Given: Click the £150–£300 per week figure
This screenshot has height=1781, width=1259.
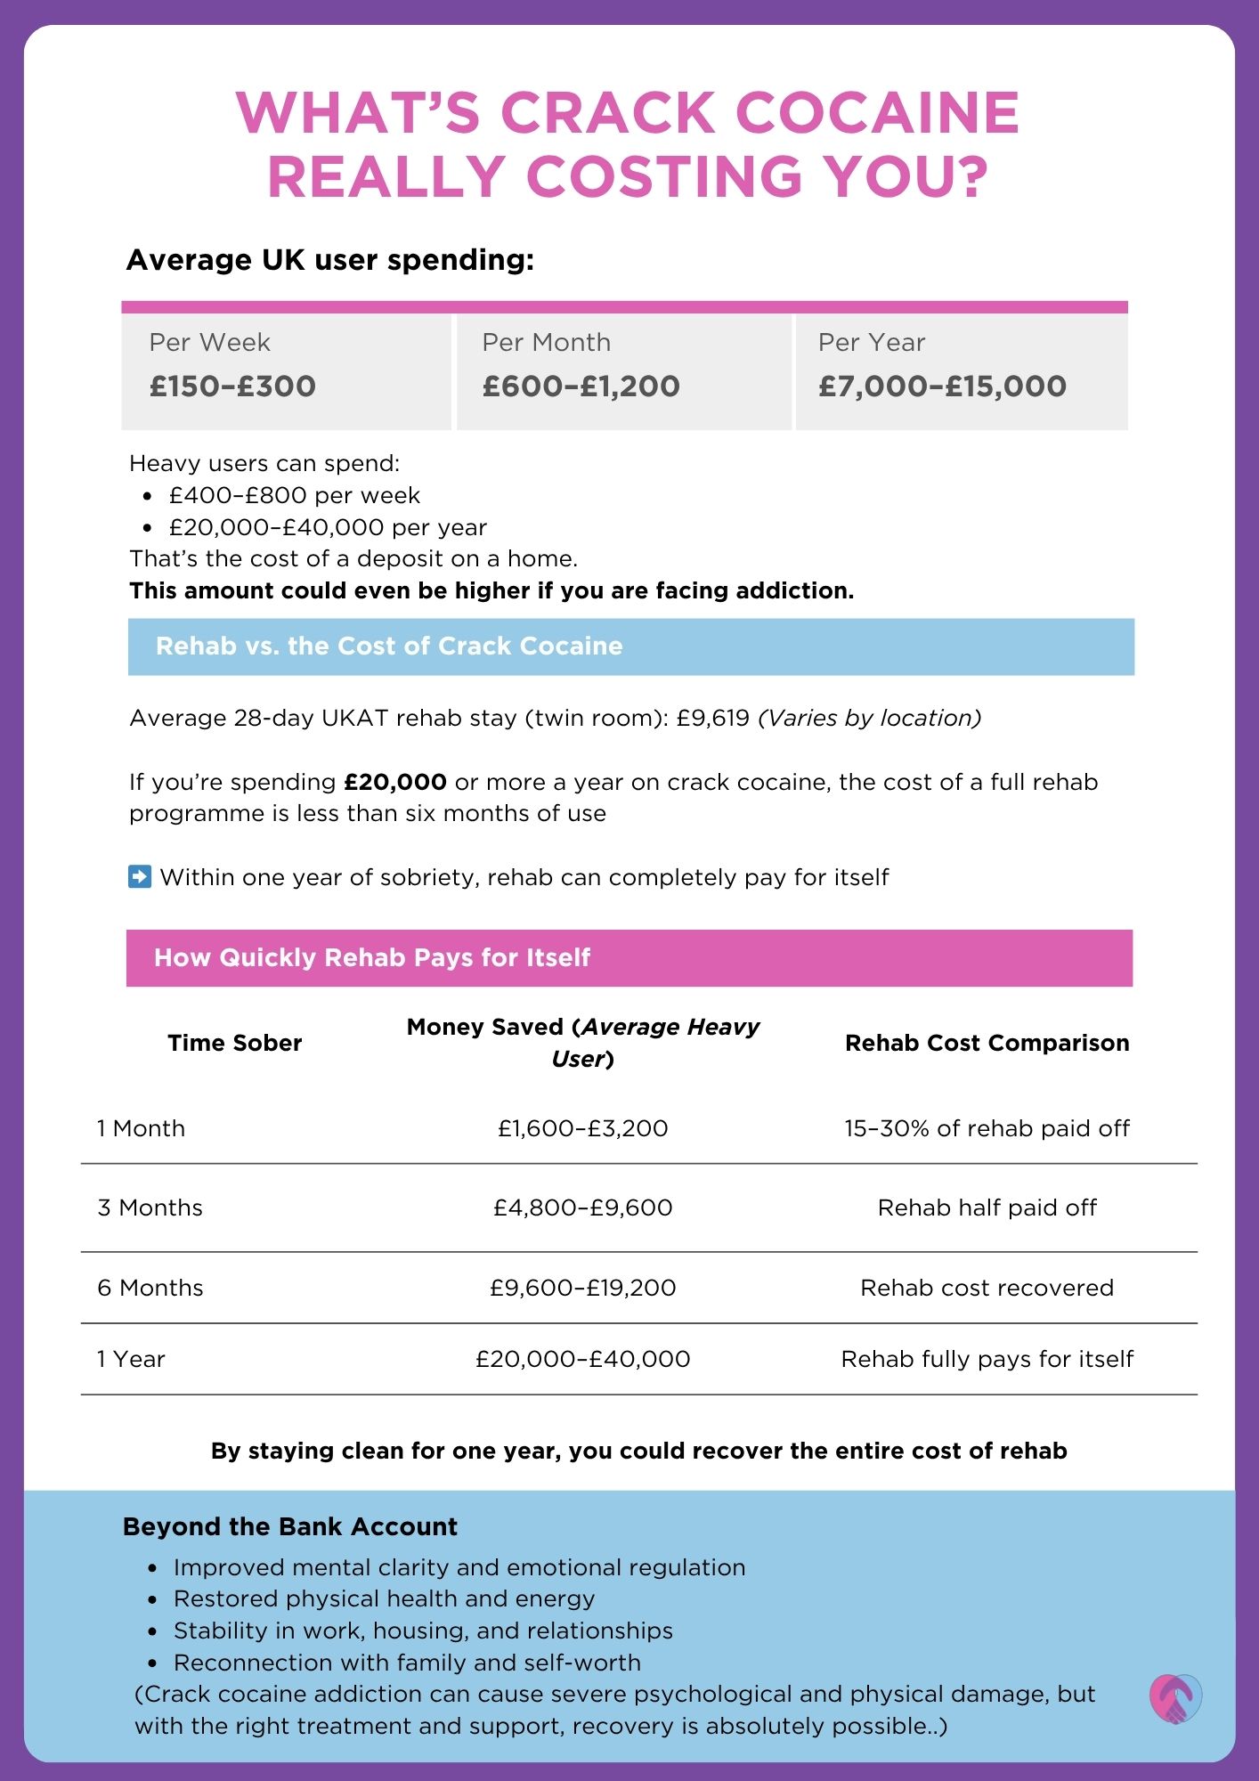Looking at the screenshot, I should pyautogui.click(x=232, y=386).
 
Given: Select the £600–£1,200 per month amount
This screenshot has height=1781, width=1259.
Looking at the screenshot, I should pyautogui.click(x=581, y=386).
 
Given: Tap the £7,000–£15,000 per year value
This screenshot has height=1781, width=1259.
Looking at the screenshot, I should pyautogui.click(x=942, y=386).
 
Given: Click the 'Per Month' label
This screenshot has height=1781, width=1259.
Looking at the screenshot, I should pyautogui.click(x=546, y=343).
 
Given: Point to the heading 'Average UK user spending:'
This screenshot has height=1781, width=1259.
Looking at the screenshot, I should pyautogui.click(x=330, y=260).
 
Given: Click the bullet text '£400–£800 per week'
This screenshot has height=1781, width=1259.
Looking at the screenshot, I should pyautogui.click(x=294, y=495).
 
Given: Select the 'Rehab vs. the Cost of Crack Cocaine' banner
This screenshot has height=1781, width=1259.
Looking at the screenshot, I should pyautogui.click(x=630, y=647).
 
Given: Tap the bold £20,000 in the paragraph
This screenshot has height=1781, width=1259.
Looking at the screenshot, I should pyautogui.click(x=395, y=783).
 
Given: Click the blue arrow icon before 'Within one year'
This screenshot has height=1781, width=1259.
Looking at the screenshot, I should pyautogui.click(x=140, y=877).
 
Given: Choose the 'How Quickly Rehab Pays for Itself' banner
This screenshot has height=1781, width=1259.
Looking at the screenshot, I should pyautogui.click(x=629, y=958).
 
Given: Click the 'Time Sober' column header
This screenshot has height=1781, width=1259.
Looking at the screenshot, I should pyautogui.click(x=235, y=1043).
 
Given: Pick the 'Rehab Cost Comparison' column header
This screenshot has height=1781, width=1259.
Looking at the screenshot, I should pyautogui.click(x=987, y=1043).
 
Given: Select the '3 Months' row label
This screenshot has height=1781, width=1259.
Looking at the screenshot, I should pyautogui.click(x=150, y=1208).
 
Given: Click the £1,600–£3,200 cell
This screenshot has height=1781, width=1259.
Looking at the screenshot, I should pyautogui.click(x=583, y=1128).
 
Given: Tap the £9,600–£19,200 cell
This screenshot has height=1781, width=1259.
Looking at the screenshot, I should pyautogui.click(x=583, y=1288).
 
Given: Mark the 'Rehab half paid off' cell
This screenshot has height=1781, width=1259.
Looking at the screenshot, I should pyautogui.click(x=987, y=1208).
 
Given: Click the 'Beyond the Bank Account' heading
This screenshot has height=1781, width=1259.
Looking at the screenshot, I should pyautogui.click(x=290, y=1526).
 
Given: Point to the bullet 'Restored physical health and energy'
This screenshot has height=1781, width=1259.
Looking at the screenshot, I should pyautogui.click(x=384, y=1598).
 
